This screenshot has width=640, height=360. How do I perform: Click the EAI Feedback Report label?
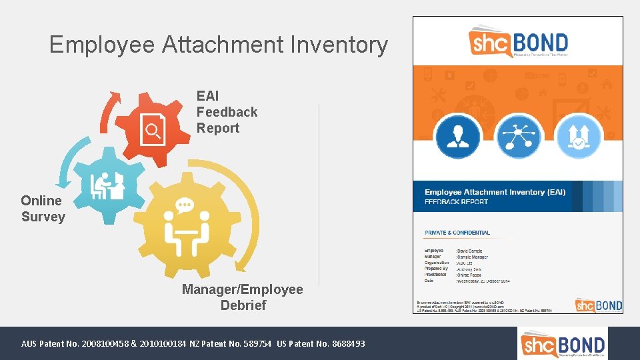click(227, 112)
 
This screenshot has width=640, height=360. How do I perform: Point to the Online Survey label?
click(43, 209)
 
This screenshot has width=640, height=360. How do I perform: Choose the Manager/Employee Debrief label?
click(243, 297)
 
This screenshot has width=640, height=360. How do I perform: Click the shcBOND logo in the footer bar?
click(563, 343)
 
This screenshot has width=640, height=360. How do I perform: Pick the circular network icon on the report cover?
click(518, 136)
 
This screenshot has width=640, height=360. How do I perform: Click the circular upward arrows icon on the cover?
click(579, 136)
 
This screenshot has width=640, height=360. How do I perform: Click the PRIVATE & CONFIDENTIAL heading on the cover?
click(457, 233)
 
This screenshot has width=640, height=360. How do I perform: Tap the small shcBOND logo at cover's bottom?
click(598, 305)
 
